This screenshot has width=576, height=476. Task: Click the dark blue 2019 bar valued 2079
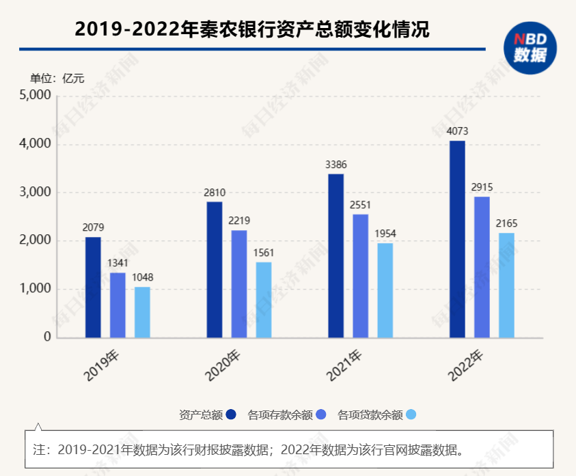93,287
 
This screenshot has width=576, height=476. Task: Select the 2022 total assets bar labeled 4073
457,239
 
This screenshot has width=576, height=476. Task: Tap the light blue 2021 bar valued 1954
385,290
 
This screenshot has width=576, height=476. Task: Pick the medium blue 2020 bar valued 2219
239,283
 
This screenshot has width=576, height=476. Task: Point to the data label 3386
336,165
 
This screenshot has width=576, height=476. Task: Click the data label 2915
482,187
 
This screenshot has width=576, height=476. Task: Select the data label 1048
142,277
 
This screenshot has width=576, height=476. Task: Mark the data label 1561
264,253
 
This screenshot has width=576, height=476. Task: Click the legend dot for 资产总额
232,415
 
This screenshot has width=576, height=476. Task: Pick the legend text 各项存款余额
280,415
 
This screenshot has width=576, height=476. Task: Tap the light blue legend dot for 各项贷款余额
411,415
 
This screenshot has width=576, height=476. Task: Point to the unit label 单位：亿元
57,78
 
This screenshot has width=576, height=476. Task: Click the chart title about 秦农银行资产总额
252,29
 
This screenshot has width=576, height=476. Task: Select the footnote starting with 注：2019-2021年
249,450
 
